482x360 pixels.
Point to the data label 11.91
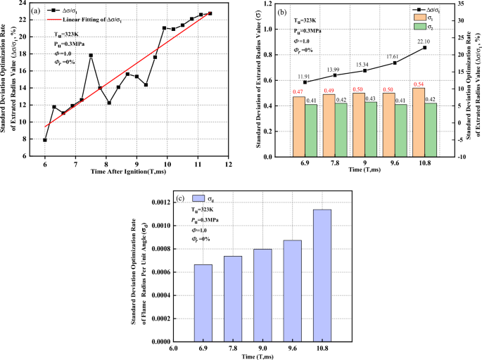(x=305, y=75)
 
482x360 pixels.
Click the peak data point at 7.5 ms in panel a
(x=91, y=55)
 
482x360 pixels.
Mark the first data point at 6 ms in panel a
(x=45, y=140)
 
